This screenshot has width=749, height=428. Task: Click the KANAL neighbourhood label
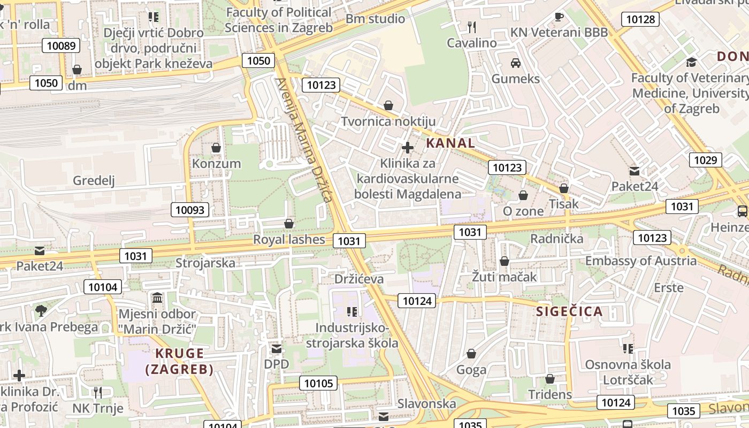pyautogui.click(x=450, y=143)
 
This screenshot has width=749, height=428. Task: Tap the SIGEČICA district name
pyautogui.click(x=569, y=311)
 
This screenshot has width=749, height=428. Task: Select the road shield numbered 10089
pyautogui.click(x=61, y=45)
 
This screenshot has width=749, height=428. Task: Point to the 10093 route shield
pyautogui.click(x=190, y=210)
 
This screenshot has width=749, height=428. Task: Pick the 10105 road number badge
pyautogui.click(x=318, y=383)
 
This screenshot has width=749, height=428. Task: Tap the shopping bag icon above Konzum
pyautogui.click(x=216, y=147)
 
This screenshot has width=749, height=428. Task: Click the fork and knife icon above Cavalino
pyautogui.click(x=471, y=26)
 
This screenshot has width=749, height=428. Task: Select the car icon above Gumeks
pyautogui.click(x=516, y=63)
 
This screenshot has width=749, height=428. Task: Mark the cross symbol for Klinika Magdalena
pyautogui.click(x=408, y=147)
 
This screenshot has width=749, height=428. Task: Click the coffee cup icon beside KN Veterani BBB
pyautogui.click(x=559, y=17)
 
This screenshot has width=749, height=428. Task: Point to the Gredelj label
pyautogui.click(x=94, y=180)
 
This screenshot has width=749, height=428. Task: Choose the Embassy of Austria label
pyautogui.click(x=641, y=261)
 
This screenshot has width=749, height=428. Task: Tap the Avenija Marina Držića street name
pyautogui.click(x=304, y=140)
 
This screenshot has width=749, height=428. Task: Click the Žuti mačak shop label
pyautogui.click(x=504, y=277)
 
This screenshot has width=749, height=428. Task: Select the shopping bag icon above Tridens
pyautogui.click(x=549, y=379)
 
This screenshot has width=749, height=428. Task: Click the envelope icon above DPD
pyautogui.click(x=276, y=349)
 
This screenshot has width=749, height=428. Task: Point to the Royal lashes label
pyautogui.click(x=289, y=239)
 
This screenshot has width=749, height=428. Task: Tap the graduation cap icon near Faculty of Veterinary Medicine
pyautogui.click(x=691, y=62)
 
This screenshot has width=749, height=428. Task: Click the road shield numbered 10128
pyautogui.click(x=640, y=20)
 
